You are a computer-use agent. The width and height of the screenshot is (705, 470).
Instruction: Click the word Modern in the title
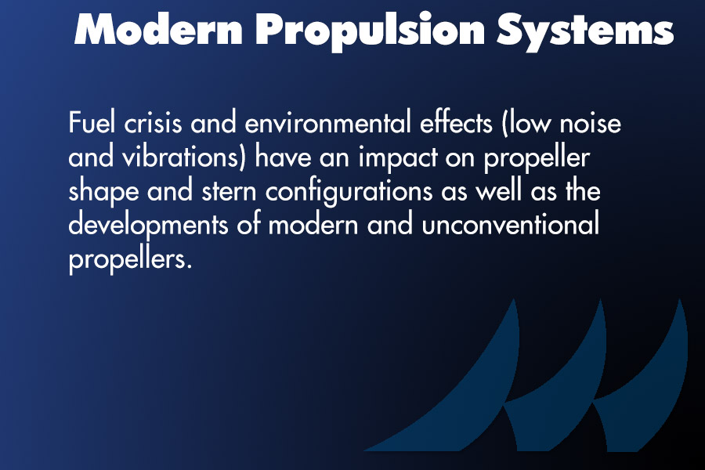click(159, 29)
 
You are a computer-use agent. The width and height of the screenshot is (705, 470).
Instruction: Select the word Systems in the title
click(585, 31)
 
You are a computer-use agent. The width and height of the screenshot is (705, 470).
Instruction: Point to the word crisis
click(153, 122)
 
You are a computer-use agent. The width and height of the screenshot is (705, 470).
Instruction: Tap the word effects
click(456, 122)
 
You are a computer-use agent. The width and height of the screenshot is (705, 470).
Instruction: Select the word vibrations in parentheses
click(183, 157)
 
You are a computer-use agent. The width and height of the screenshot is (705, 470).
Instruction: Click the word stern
click(229, 192)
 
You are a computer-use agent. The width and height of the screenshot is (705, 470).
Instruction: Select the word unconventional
click(510, 225)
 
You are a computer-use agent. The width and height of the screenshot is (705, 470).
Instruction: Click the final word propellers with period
click(130, 260)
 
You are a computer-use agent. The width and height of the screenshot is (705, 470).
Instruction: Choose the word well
click(499, 190)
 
